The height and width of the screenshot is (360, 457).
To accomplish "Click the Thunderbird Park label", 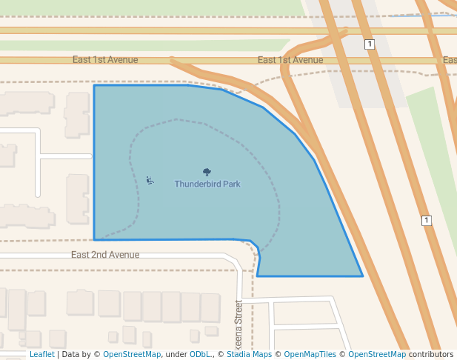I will (207, 184).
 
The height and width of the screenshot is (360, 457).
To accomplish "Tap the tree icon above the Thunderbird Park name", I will (207, 172).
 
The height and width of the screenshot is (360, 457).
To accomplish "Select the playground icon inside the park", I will (150, 180).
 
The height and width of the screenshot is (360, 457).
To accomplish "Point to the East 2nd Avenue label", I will (105, 255).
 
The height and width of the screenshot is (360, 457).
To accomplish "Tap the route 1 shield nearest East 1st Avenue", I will (370, 44).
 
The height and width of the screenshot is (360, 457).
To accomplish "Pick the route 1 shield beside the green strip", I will (426, 221).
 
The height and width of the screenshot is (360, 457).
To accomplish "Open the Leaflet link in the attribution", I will (41, 355).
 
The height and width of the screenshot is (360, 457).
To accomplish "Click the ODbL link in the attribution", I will (200, 355).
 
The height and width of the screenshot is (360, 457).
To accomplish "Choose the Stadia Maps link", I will (248, 355).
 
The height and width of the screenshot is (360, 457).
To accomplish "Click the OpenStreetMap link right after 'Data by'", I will (132, 355).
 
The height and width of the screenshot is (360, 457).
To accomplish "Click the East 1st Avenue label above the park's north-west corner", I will (105, 59).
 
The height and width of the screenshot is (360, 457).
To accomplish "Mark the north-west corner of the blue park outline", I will (94, 85).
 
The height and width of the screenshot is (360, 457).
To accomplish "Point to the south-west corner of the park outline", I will (94, 240).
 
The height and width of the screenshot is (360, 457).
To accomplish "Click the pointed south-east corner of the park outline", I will (363, 276).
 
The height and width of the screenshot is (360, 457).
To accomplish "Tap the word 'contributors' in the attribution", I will (431, 355).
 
